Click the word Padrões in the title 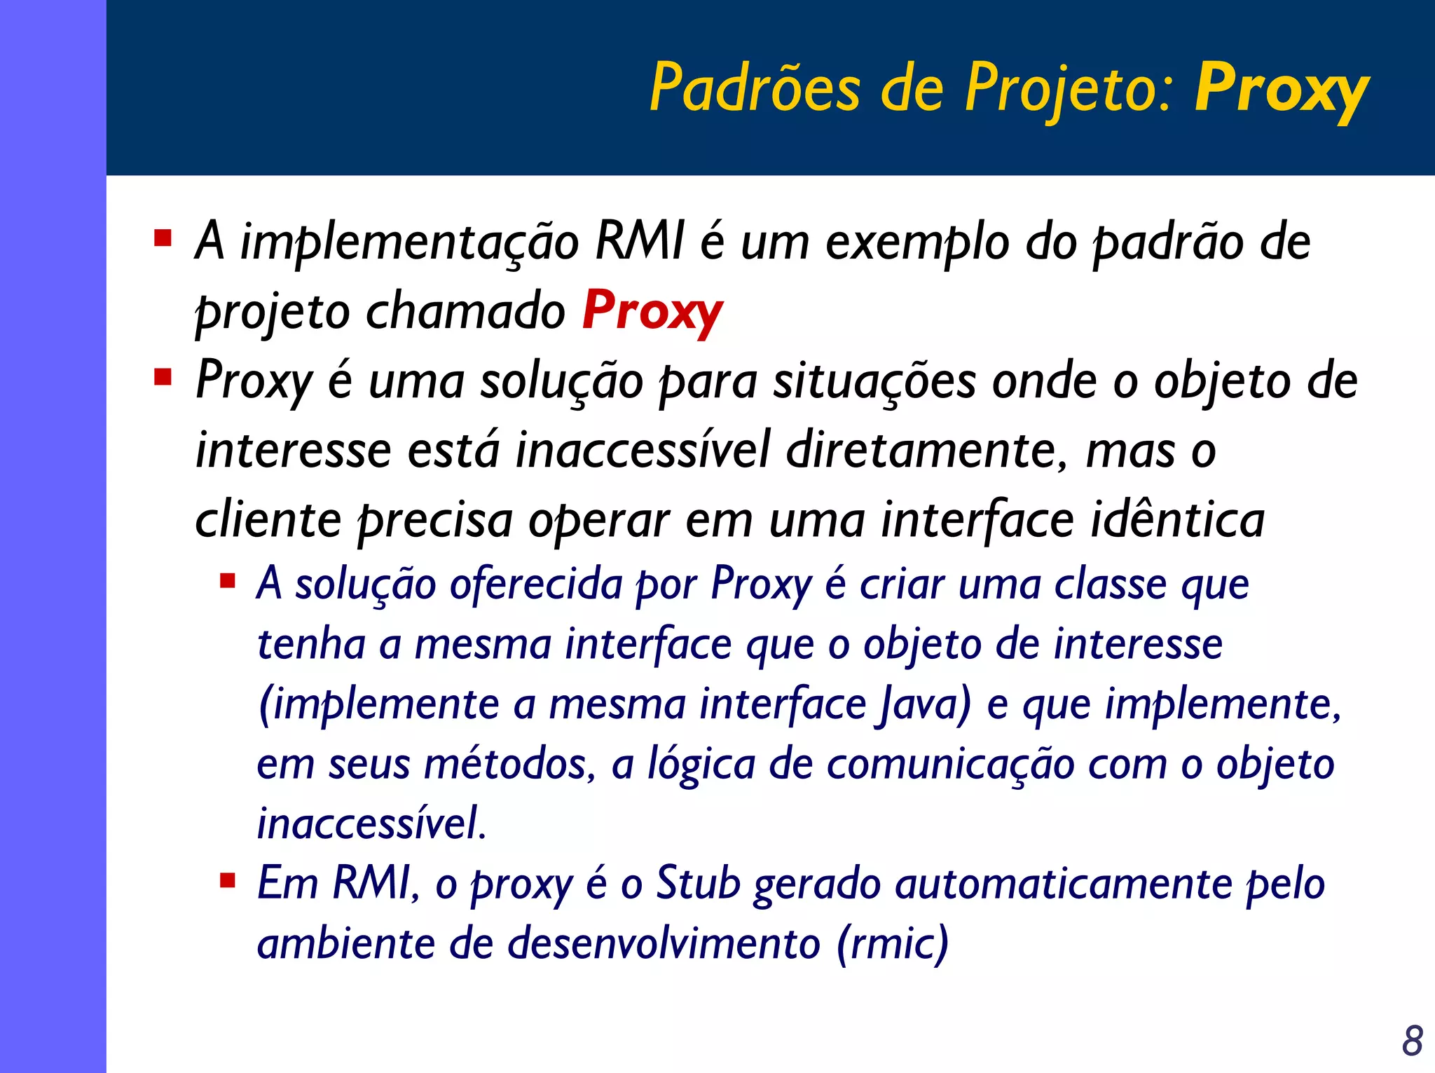tap(754, 88)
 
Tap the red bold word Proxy tap(652, 310)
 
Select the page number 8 tap(1413, 1041)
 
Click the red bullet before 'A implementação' tap(163, 238)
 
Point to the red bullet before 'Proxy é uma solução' tap(163, 378)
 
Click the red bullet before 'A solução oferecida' tap(227, 581)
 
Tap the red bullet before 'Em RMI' tap(227, 880)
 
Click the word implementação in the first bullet tap(409, 242)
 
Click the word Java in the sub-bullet tap(924, 704)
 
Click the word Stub tap(698, 882)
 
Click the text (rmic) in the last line tap(893, 943)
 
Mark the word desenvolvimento tap(664, 943)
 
